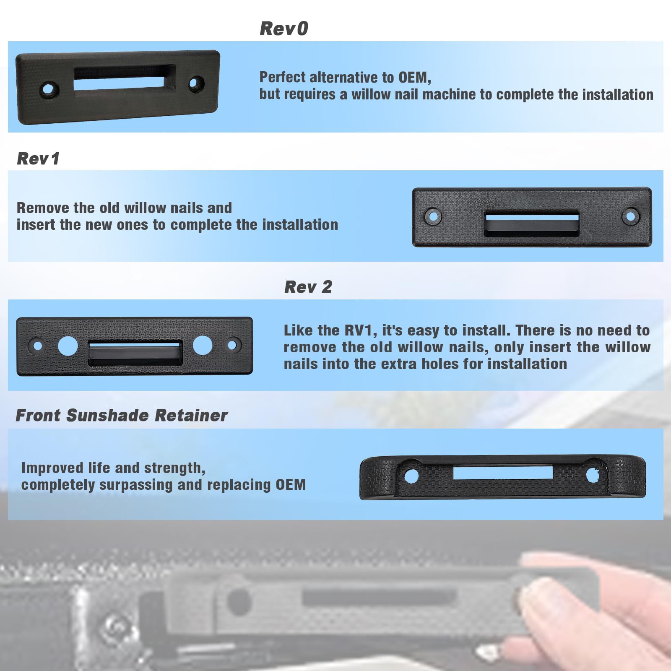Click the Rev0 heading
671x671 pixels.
[284, 29]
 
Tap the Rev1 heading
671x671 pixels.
[38, 159]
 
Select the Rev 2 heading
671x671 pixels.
[308, 287]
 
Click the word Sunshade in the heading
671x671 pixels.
[107, 415]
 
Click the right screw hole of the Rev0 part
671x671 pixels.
[196, 83]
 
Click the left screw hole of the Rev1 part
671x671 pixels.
[433, 216]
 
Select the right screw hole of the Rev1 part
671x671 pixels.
[631, 216]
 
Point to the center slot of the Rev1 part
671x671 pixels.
[532, 224]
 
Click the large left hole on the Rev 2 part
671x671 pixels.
[68, 345]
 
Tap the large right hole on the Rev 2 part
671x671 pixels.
[203, 345]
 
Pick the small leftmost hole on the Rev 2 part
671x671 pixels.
[38, 346]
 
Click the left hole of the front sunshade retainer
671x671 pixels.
[411, 476]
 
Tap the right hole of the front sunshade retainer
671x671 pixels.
[593, 475]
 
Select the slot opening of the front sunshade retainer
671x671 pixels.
[503, 473]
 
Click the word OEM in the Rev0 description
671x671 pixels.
[414, 77]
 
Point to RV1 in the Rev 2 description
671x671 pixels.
[360, 330]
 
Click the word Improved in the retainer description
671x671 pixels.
[52, 468]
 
